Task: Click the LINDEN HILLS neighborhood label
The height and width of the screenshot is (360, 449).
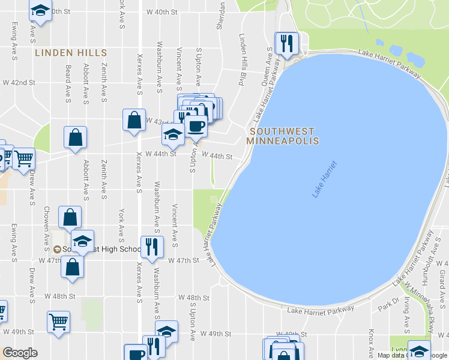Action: tap(71, 53)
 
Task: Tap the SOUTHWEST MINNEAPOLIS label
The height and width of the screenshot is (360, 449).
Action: tap(282, 136)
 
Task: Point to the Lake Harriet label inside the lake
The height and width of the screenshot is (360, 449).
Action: tap(325, 179)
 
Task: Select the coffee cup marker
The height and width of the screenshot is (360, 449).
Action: tap(196, 126)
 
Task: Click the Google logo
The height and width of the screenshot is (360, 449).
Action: tap(20, 353)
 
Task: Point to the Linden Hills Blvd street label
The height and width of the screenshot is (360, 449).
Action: tap(243, 60)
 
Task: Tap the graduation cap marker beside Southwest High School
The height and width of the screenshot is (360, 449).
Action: tap(83, 240)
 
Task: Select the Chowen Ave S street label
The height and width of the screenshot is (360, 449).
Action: tap(46, 227)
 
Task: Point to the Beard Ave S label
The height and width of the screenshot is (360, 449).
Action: tap(68, 83)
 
